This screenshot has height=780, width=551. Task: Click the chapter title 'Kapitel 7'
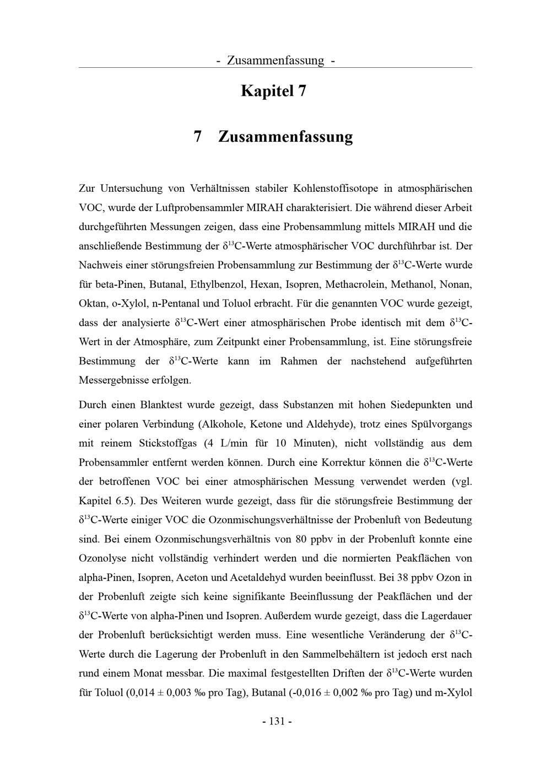[273, 91]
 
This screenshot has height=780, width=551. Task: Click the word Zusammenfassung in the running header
[275, 60]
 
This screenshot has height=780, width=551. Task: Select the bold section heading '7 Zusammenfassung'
[273, 136]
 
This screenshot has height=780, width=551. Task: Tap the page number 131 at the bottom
[277, 721]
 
